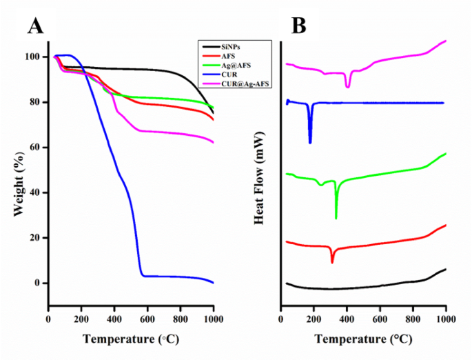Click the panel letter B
pos(298,26)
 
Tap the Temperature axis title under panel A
pos(130,340)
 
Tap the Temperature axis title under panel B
pos(364,340)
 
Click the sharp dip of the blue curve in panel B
pos(310,141)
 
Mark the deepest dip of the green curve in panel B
pos(336,217)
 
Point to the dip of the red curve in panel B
pos(332,261)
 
